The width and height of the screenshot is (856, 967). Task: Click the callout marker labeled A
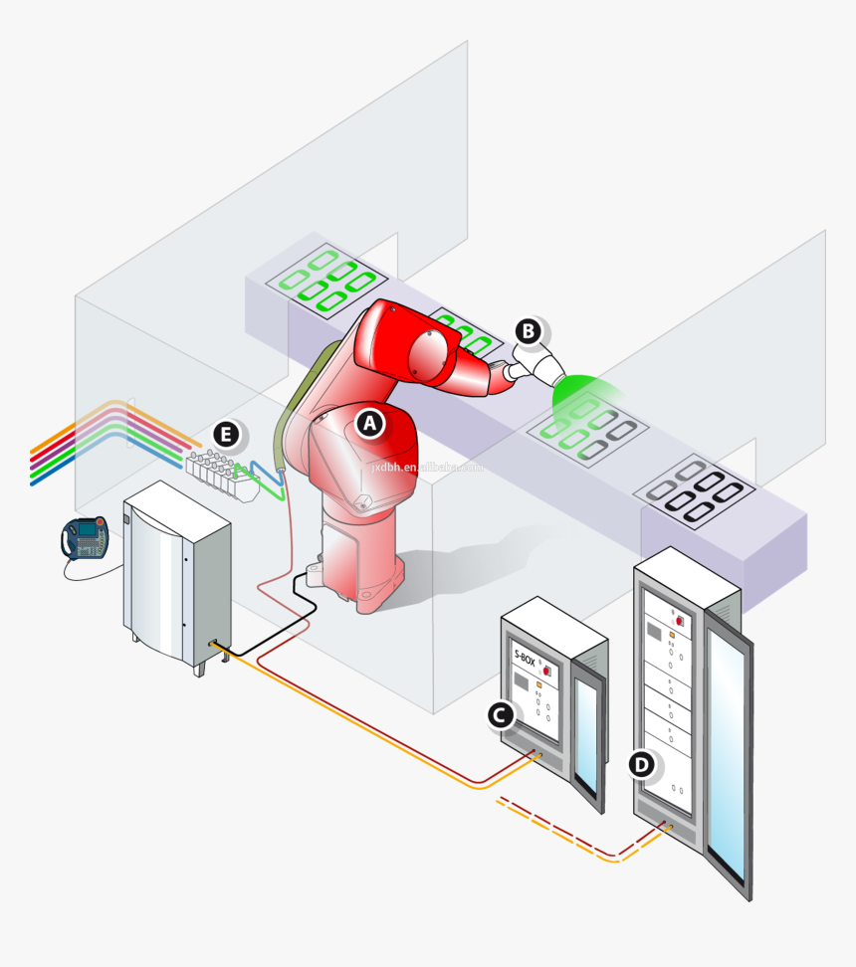pos(370,423)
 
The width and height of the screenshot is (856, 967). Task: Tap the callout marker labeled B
pos(528,330)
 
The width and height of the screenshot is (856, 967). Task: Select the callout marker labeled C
pos(501,713)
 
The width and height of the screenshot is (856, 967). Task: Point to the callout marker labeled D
pos(642,764)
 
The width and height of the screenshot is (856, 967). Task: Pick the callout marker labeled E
pos(226,434)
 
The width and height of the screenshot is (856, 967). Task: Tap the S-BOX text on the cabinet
pos(525,658)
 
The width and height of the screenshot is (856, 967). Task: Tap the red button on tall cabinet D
pos(681,621)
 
